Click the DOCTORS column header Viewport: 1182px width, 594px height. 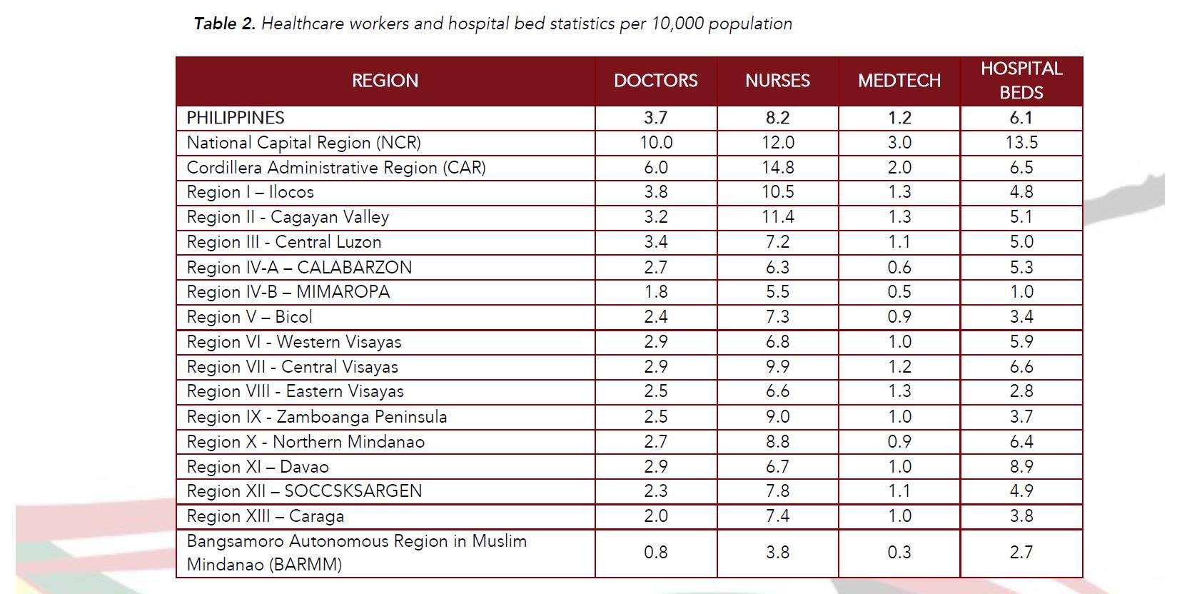tap(655, 81)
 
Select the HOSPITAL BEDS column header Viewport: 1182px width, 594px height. tap(1021, 81)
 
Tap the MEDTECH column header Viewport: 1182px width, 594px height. tap(899, 81)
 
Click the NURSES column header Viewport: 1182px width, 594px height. tap(777, 81)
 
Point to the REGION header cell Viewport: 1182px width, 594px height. tap(385, 81)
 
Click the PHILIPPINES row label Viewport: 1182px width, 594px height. tap(236, 118)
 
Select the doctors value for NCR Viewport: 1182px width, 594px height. tap(655, 143)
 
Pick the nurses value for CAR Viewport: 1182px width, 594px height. tap(777, 168)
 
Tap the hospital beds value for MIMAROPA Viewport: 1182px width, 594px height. tap(1021, 292)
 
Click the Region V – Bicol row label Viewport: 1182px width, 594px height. tap(249, 317)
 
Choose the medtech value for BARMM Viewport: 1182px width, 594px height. tap(899, 553)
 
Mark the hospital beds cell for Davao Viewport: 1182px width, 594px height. tap(1021, 466)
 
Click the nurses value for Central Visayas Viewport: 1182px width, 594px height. tap(777, 367)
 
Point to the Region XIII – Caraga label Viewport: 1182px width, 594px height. tap(265, 516)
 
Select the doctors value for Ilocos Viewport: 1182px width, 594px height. tap(655, 192)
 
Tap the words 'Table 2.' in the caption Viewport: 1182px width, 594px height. tap(224, 24)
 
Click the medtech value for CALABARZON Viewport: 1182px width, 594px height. tap(899, 267)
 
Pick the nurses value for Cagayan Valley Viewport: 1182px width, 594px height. tap(777, 217)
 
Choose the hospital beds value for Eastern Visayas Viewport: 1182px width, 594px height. tap(1021, 391)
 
